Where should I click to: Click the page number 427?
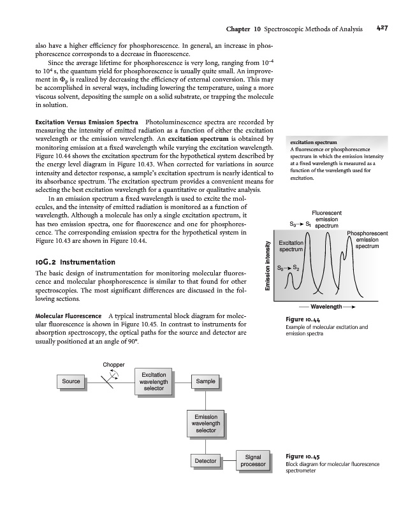point(382,28)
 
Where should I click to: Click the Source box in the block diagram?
point(70,381)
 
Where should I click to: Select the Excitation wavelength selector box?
point(154,381)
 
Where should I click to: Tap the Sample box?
point(205,381)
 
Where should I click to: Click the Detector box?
point(205,460)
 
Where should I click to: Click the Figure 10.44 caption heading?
point(303,320)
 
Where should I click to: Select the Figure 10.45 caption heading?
point(303,456)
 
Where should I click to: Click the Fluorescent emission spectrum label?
point(326,219)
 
